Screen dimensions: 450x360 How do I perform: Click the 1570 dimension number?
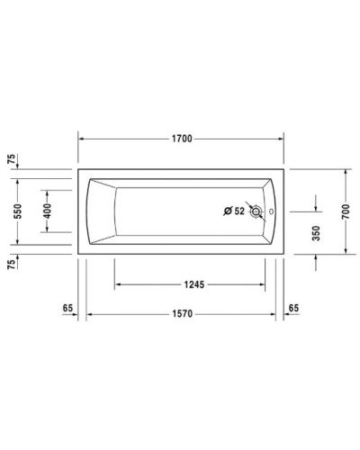[183, 314]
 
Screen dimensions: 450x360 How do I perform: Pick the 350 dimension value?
[316, 232]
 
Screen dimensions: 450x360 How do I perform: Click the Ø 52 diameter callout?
[234, 211]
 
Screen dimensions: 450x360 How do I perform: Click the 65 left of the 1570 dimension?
[67, 309]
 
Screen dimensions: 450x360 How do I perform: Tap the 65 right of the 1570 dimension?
[293, 309]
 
